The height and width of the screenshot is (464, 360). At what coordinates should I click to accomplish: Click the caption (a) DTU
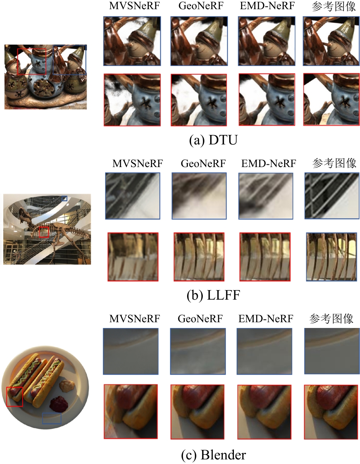[x=213, y=140]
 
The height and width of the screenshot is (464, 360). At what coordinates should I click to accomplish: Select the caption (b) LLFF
[x=213, y=295]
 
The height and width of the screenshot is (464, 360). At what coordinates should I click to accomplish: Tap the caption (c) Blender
[x=214, y=454]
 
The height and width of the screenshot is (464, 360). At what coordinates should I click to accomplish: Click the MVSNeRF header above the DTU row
[x=135, y=6]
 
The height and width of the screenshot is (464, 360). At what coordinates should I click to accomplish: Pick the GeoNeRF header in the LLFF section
[x=203, y=163]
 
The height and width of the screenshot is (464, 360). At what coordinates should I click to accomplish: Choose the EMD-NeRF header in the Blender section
[x=266, y=319]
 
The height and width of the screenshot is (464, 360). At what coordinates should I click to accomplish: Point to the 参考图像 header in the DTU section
[x=334, y=7]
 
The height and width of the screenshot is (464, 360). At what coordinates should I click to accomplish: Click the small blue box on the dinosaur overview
[x=64, y=198]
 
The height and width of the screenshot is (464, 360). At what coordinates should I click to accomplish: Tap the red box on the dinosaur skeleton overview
[x=44, y=232]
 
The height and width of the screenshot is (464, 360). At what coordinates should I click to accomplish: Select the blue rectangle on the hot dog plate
[x=52, y=418]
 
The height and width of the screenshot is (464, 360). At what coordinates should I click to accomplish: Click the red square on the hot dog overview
[x=15, y=397]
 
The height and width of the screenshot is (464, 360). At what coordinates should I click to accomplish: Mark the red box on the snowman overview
[x=31, y=62]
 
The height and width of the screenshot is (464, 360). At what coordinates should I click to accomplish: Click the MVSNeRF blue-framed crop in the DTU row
[x=132, y=41]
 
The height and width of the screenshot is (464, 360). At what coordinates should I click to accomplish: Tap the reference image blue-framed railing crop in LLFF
[x=332, y=196]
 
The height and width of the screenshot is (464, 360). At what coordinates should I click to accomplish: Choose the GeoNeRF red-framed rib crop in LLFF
[x=199, y=257]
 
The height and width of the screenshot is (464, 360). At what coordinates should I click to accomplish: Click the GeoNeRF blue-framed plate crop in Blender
[x=198, y=351]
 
